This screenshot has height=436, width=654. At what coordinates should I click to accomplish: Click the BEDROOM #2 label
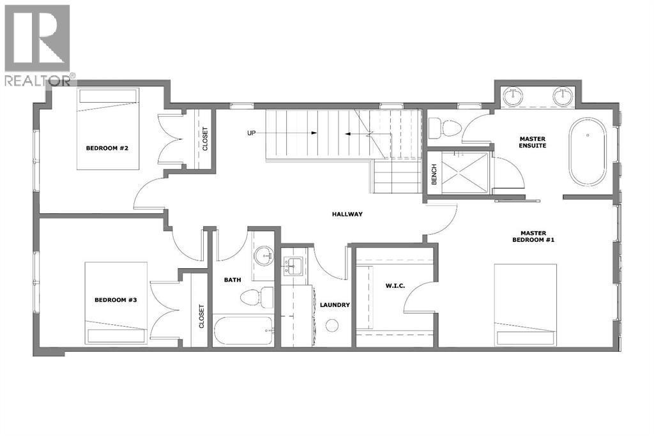107,148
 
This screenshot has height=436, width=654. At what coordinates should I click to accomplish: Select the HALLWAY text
347,214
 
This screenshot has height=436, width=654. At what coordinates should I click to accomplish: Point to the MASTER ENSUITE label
533,142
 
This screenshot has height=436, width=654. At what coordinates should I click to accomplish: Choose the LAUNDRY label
335,305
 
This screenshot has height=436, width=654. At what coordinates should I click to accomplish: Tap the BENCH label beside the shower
434,174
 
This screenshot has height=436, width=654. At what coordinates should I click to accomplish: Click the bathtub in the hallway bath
243,331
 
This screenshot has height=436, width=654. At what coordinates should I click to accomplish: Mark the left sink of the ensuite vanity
513,98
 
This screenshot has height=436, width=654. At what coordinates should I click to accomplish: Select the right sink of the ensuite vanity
563,98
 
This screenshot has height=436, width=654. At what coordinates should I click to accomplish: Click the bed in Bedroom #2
108,129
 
